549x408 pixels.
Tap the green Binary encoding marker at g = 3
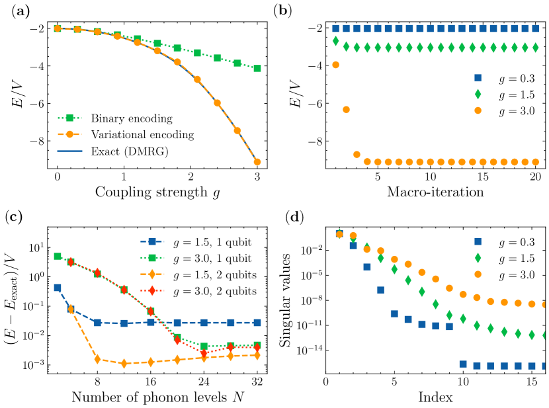[x=257, y=68]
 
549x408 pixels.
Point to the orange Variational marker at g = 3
[x=257, y=162]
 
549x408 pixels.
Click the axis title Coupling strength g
[x=157, y=192]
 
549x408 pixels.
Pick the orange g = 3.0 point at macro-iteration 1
[x=335, y=65]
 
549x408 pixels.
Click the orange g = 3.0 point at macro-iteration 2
[x=346, y=110]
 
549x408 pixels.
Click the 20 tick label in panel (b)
[x=536, y=177]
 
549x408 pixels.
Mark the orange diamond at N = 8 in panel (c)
[x=97, y=360]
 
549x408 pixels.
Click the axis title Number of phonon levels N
[x=156, y=398]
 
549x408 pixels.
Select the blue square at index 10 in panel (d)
[x=463, y=364]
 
